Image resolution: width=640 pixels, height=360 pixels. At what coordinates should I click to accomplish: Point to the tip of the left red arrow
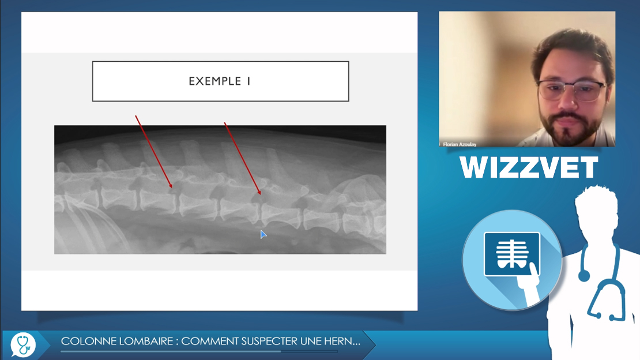coord(172,187)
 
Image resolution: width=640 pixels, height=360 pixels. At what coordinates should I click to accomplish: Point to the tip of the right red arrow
coord(261,194)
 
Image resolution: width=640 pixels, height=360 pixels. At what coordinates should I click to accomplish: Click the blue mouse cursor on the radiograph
coord(263,234)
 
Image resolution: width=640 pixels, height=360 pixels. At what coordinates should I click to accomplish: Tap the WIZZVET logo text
coord(529,167)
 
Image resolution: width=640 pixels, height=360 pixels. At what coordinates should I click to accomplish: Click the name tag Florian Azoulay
coord(460,144)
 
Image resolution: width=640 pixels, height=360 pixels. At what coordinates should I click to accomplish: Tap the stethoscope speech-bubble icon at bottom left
coord(23,344)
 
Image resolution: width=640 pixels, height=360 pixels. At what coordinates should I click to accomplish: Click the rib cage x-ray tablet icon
coord(512,254)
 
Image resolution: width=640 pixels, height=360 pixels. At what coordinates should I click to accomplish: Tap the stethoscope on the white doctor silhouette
coord(601,282)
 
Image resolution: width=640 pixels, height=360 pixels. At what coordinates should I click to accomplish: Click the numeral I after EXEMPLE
coord(249,81)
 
